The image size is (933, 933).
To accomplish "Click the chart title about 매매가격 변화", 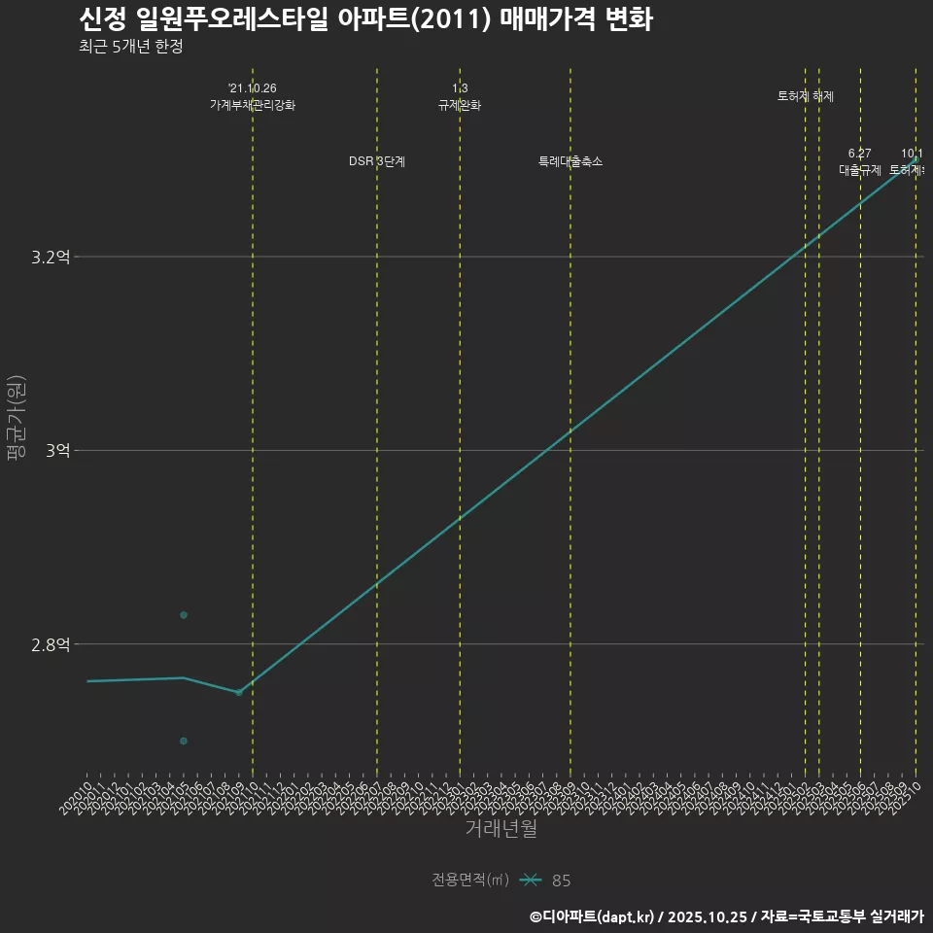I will [x=365, y=19].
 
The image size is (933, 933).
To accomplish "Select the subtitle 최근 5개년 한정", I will [x=131, y=46].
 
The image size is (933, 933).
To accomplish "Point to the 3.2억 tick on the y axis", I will [x=51, y=258].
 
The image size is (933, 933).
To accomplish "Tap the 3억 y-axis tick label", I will [x=57, y=451].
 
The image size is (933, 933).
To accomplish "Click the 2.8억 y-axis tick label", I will [x=51, y=644].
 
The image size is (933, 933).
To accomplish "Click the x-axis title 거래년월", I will [x=501, y=829].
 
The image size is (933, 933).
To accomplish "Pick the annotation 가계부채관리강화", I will [x=253, y=105].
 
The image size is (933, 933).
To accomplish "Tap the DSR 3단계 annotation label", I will [x=377, y=161].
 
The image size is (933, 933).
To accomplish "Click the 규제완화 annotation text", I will [x=460, y=105].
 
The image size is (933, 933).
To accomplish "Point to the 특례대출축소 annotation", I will [x=570, y=161].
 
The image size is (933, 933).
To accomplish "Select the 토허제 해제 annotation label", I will [x=806, y=96].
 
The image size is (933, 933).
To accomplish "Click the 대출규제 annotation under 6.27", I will [x=860, y=170].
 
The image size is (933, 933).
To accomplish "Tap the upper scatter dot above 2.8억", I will [x=184, y=614].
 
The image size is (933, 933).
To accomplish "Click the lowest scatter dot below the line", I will [x=184, y=741].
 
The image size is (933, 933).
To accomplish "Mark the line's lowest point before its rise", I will [x=238, y=692].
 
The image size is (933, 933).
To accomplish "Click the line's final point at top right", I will [x=916, y=158].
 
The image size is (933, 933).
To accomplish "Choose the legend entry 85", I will [x=561, y=881].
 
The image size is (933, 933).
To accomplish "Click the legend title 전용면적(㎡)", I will [x=470, y=880].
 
